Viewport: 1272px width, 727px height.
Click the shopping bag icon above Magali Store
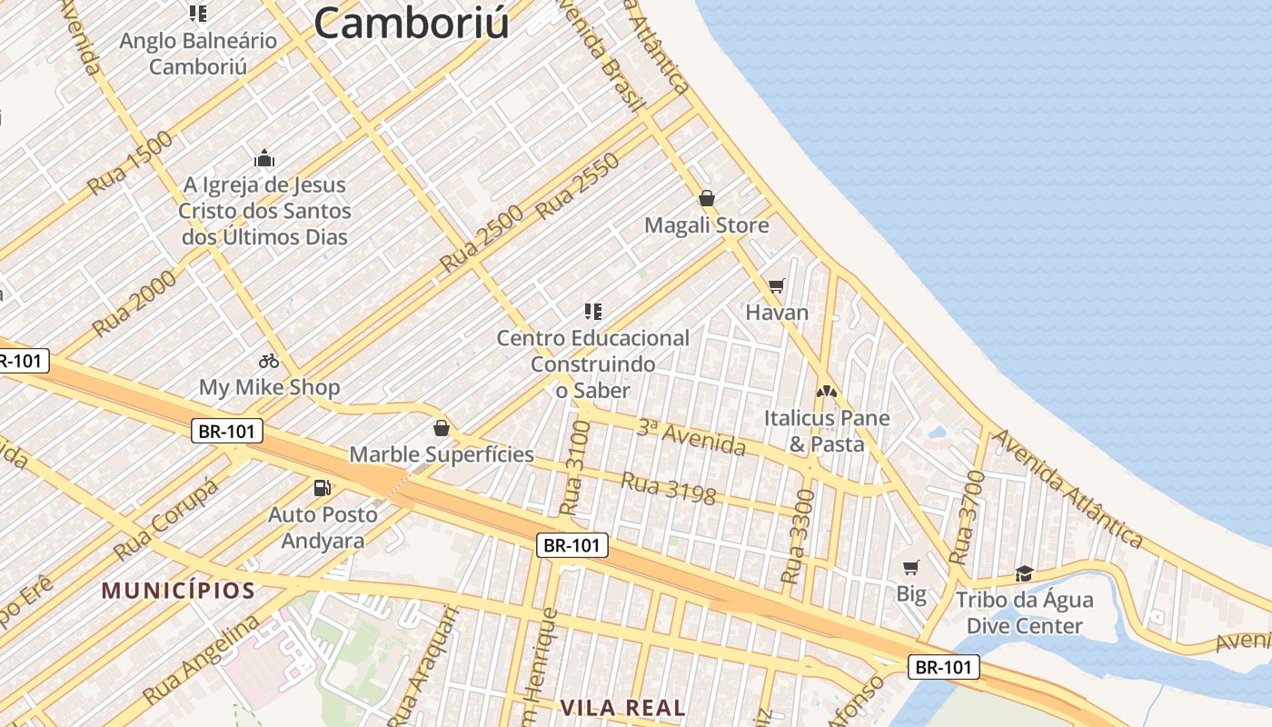(x=707, y=198)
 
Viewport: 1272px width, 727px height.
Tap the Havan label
(x=777, y=313)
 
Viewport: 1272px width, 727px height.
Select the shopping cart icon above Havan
(x=776, y=286)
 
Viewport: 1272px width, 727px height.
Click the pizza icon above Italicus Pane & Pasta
(x=826, y=392)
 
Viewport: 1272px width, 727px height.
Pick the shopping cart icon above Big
(x=911, y=568)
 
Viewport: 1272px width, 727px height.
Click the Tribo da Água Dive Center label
(x=1024, y=612)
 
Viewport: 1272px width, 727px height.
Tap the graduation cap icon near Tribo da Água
(x=1024, y=573)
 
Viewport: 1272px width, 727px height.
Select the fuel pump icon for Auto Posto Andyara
(x=322, y=488)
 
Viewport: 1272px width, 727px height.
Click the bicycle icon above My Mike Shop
(x=269, y=361)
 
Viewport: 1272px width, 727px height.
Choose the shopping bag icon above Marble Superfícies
(x=442, y=427)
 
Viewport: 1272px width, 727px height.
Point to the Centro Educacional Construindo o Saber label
(x=592, y=363)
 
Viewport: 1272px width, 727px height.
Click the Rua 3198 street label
(x=668, y=487)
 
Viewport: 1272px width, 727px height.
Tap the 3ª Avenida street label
(x=691, y=437)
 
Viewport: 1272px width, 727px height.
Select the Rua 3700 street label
(x=965, y=518)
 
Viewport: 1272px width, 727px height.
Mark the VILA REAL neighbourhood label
(x=622, y=707)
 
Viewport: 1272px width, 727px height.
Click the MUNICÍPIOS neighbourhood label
(x=178, y=591)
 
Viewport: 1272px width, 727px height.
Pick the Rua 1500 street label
(x=130, y=164)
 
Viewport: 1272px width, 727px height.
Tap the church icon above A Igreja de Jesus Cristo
(x=264, y=159)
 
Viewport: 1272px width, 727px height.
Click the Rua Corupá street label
(x=166, y=520)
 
